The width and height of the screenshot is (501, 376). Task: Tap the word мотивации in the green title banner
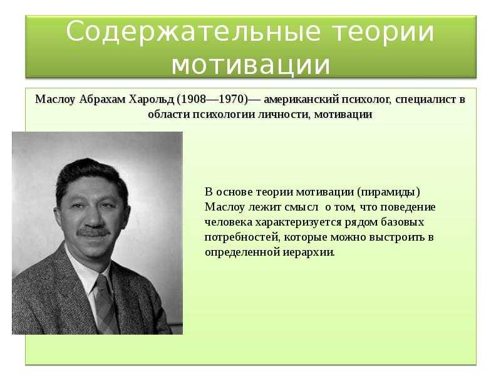click(x=250, y=65)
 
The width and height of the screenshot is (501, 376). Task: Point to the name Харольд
click(x=151, y=100)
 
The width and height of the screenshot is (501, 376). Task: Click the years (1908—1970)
click(x=212, y=100)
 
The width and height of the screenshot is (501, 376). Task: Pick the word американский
click(x=302, y=100)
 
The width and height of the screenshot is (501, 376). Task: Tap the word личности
click(x=284, y=115)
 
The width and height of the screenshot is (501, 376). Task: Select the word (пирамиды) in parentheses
click(x=388, y=192)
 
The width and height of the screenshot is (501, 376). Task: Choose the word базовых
click(x=402, y=222)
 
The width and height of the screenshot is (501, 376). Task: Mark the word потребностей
click(x=242, y=238)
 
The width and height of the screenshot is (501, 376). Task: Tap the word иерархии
click(x=309, y=253)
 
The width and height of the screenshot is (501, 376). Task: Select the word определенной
click(x=242, y=253)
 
